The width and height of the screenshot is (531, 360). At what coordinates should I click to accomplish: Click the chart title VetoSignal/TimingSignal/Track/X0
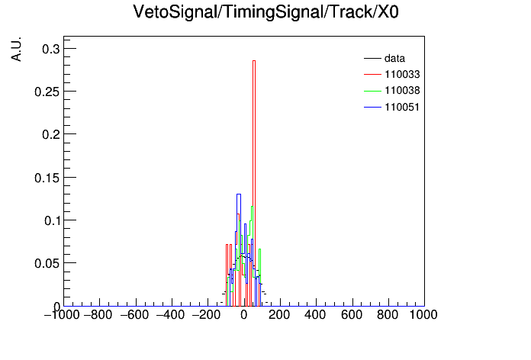tap(265, 12)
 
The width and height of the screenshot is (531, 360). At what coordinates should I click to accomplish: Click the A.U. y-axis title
tap(16, 49)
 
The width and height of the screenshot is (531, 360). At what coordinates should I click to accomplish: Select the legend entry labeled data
tap(385, 58)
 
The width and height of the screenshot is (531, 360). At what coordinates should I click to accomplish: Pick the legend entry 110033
tap(392, 74)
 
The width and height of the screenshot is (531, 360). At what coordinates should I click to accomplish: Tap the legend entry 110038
tap(392, 91)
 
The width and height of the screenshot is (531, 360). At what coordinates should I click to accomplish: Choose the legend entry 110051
tap(392, 107)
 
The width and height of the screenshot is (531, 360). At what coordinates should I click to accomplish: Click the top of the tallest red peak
tap(254, 61)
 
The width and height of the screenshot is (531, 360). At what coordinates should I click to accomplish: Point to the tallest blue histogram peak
tap(238, 194)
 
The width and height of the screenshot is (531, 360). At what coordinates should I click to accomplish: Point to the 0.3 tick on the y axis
tap(51, 49)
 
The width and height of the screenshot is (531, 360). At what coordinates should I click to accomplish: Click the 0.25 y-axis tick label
tap(47, 92)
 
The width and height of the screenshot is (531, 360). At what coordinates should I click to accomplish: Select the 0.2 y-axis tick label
tap(51, 134)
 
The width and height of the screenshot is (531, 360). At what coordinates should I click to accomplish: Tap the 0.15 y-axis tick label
tap(47, 178)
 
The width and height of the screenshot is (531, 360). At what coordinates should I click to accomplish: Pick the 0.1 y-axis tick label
tap(52, 220)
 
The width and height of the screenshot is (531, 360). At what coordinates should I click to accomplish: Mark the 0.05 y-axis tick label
tap(47, 263)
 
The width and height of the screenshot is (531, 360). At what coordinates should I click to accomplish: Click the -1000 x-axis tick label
tap(62, 315)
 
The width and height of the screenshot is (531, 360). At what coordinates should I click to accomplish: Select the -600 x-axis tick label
tap(134, 315)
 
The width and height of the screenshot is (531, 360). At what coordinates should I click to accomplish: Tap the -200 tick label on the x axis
tap(206, 315)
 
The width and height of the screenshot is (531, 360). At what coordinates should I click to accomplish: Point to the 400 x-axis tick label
tap(315, 315)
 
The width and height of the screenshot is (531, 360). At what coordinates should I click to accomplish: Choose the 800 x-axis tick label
tap(388, 315)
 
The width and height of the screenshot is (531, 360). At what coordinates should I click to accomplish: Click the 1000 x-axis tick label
tap(423, 315)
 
